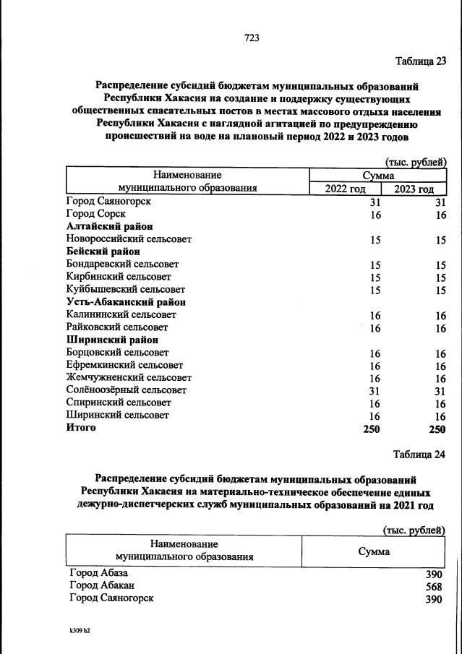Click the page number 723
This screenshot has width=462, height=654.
point(252,37)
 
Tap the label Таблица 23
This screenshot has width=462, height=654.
point(420,61)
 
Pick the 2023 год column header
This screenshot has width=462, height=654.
point(414,189)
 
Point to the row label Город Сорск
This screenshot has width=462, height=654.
point(95,214)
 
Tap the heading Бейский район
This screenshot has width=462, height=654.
point(103,251)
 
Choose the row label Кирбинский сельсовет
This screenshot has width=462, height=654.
point(119,277)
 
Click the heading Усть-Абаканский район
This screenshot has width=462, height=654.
point(125,301)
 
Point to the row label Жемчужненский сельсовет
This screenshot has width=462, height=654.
point(129,377)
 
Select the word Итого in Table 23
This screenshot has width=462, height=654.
point(80,428)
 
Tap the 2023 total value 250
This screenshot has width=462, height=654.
point(437,429)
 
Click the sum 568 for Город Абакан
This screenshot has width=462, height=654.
point(434,587)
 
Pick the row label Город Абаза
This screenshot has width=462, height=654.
point(98,573)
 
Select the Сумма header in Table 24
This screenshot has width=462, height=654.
point(374,551)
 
